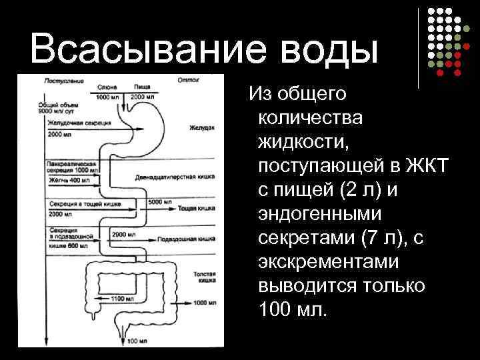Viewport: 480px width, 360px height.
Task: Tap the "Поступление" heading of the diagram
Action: tap(63, 81)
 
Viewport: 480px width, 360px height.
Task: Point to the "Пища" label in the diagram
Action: tap(141, 88)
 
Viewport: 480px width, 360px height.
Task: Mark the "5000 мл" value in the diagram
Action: tap(157, 202)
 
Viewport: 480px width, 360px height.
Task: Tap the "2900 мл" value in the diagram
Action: tap(124, 235)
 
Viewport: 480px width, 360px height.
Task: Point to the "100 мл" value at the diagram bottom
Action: tap(137, 341)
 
